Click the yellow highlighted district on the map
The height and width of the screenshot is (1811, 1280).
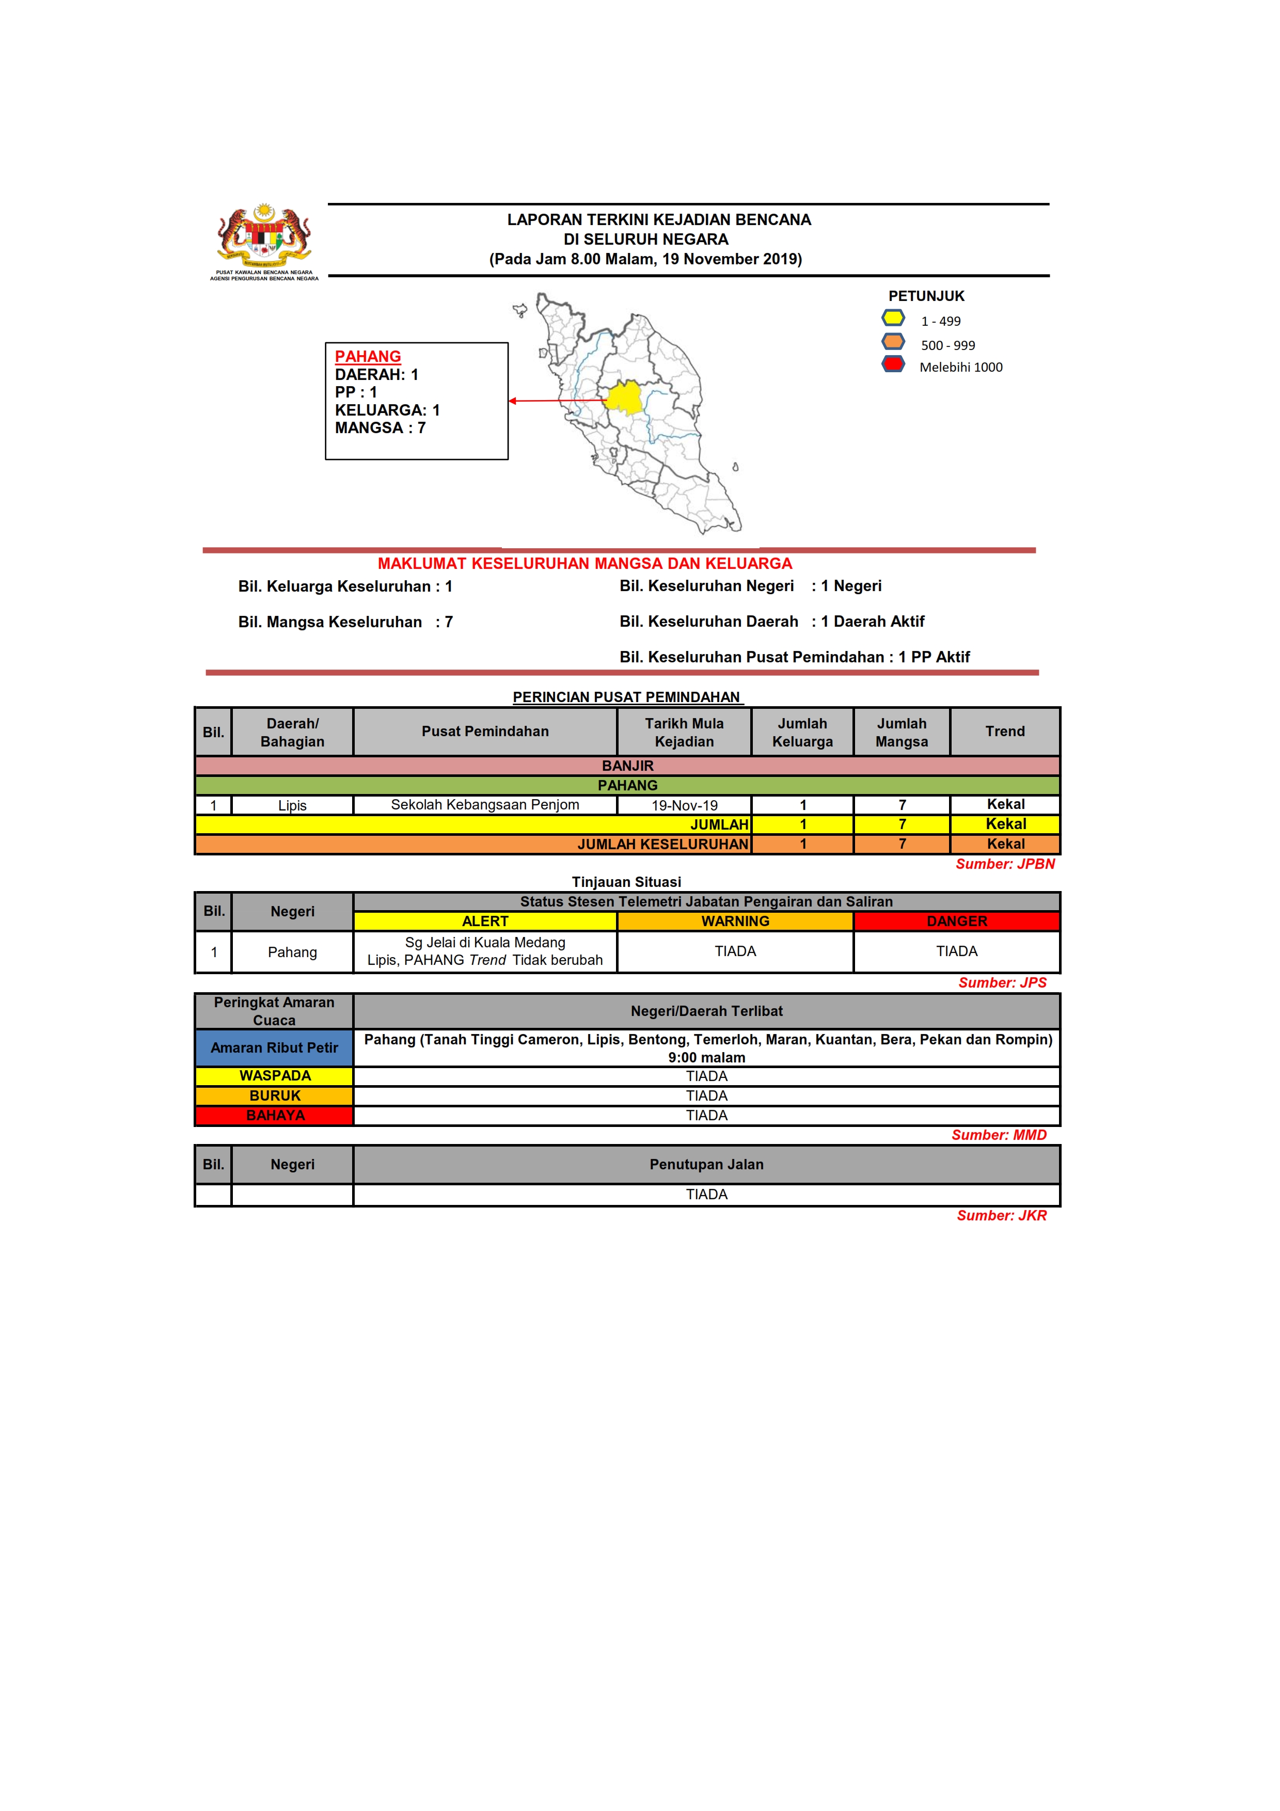pyautogui.click(x=625, y=397)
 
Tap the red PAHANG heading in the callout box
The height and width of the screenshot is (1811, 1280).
pyautogui.click(x=368, y=357)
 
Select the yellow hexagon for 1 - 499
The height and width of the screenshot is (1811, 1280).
pyautogui.click(x=893, y=319)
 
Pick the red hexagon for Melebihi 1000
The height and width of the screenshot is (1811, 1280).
pyautogui.click(x=893, y=364)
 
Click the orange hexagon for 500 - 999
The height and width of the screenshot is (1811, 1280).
pyautogui.click(x=893, y=342)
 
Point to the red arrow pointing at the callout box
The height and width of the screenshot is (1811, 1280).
pyautogui.click(x=556, y=401)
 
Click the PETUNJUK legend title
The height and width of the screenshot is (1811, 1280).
pyautogui.click(x=926, y=296)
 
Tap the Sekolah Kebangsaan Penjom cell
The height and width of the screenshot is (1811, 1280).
pyautogui.click(x=485, y=804)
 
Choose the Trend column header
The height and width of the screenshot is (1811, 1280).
pyautogui.click(x=1005, y=731)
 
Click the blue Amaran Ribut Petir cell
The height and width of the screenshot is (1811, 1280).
pyautogui.click(x=274, y=1047)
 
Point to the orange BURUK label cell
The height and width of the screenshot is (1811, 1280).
pyautogui.click(x=275, y=1095)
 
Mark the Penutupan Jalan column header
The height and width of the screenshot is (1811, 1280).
pyautogui.click(x=706, y=1164)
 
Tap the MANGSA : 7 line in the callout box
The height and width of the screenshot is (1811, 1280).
pyautogui.click(x=380, y=427)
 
